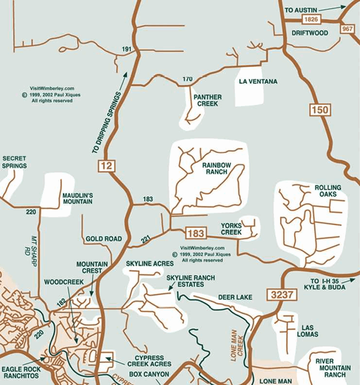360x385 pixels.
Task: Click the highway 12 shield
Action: click(x=107, y=166)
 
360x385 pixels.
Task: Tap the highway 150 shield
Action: click(x=320, y=109)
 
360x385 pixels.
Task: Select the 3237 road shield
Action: click(x=276, y=294)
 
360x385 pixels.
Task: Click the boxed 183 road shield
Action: click(x=195, y=233)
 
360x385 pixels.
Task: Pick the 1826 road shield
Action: click(x=310, y=19)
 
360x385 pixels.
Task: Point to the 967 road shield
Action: click(x=347, y=29)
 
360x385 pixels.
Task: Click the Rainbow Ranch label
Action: click(x=217, y=168)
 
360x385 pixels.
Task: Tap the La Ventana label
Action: click(x=258, y=82)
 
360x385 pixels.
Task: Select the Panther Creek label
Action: click(x=207, y=100)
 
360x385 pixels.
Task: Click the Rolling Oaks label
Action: click(x=327, y=191)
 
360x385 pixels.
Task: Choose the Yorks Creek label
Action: click(x=231, y=229)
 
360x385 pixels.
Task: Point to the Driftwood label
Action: click(x=309, y=33)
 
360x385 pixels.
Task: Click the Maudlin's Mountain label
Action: click(x=77, y=199)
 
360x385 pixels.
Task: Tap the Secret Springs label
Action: click(x=14, y=162)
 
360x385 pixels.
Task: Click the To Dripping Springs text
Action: click(x=105, y=122)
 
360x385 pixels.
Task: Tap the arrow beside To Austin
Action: click(x=335, y=7)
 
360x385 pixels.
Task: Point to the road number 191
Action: click(x=127, y=50)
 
